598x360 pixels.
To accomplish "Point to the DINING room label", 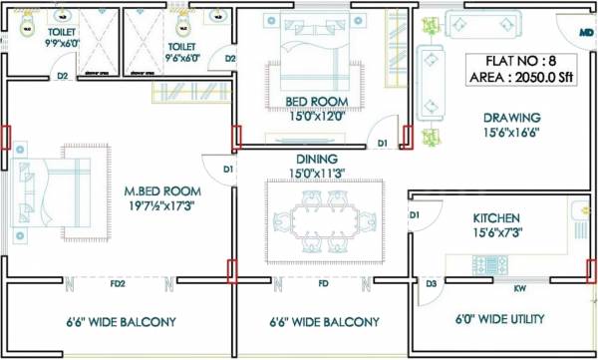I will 316,159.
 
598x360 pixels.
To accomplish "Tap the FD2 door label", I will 118,284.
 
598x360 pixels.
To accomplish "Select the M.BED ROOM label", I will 162,190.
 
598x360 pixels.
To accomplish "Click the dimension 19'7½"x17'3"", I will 163,206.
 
